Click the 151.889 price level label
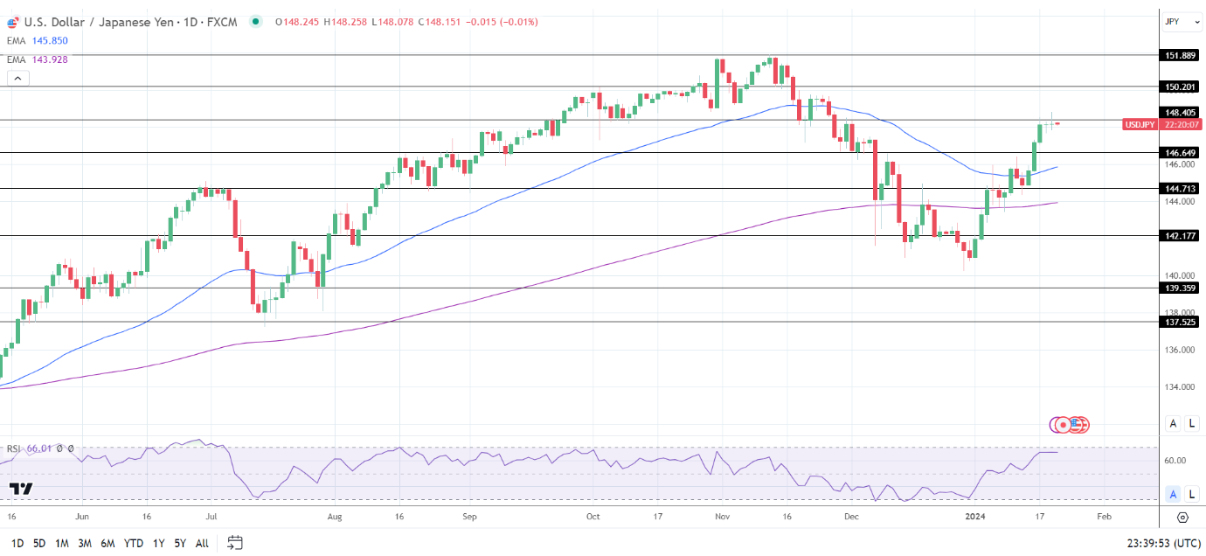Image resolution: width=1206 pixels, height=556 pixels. [x=1180, y=55]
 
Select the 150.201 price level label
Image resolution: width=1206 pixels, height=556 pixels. [x=1180, y=87]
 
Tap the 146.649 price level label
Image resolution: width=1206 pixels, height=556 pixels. [x=1180, y=152]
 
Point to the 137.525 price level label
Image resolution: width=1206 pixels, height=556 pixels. [x=1180, y=322]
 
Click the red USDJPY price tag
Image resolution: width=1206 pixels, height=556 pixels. [x=1140, y=124]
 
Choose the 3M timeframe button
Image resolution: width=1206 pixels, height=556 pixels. [x=85, y=543]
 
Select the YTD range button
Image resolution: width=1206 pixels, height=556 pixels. [x=134, y=543]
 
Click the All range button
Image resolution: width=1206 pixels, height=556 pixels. [x=202, y=543]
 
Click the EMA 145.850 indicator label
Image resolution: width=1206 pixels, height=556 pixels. [x=37, y=40]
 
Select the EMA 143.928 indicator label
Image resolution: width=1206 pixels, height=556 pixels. [x=37, y=59]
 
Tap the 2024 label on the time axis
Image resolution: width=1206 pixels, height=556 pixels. [x=976, y=517]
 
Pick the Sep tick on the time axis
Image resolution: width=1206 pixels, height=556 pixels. [x=469, y=517]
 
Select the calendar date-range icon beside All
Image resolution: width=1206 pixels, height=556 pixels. [x=234, y=543]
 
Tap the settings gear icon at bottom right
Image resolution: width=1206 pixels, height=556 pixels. [x=1182, y=518]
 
